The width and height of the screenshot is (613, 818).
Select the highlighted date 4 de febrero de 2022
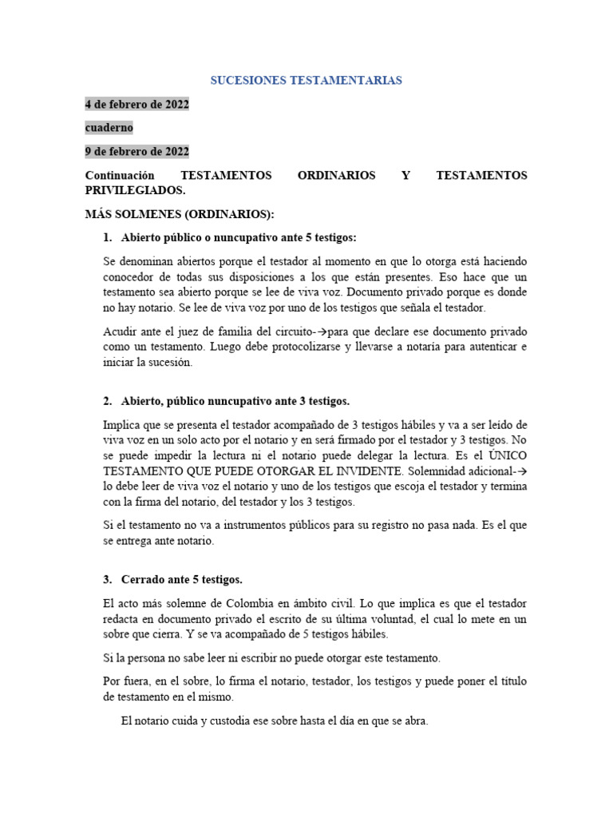pos(137,105)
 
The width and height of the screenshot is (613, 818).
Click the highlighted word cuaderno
pos(109,128)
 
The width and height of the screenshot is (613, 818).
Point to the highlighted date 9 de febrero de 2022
pos(137,151)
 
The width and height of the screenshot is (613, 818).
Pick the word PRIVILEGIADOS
pos(134,191)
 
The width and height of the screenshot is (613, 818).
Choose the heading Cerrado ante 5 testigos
pos(181,579)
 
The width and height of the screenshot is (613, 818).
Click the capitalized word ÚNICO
pos(508,455)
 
